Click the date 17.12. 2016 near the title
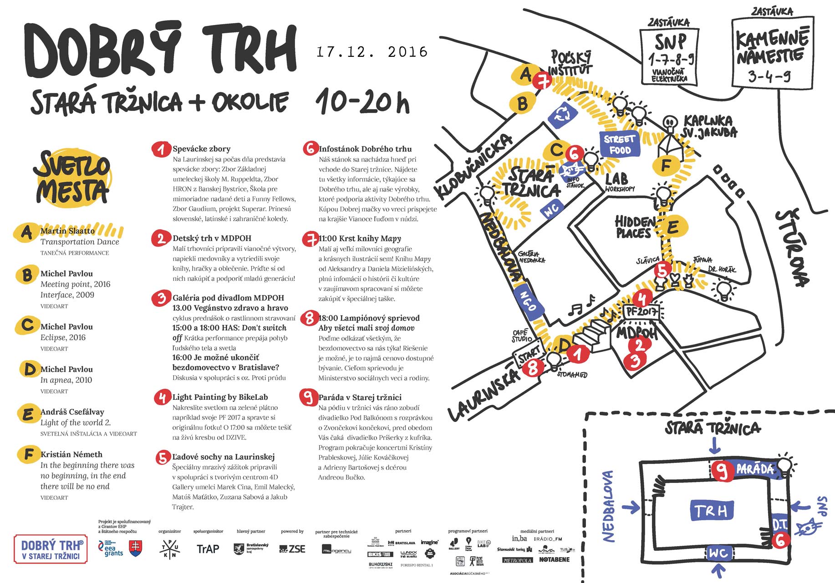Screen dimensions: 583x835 [x=372, y=52]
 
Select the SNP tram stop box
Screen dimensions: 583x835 [x=669, y=55]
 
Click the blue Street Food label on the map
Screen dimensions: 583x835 [x=619, y=145]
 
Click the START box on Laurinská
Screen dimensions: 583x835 [x=529, y=353]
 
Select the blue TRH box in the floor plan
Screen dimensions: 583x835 [x=711, y=511]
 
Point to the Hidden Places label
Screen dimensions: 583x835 [x=634, y=227]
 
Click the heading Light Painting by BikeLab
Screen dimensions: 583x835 [x=220, y=397]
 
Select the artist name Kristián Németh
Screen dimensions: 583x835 [x=71, y=454]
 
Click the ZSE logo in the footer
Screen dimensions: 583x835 [x=292, y=549]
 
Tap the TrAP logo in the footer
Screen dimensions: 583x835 [x=208, y=549]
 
